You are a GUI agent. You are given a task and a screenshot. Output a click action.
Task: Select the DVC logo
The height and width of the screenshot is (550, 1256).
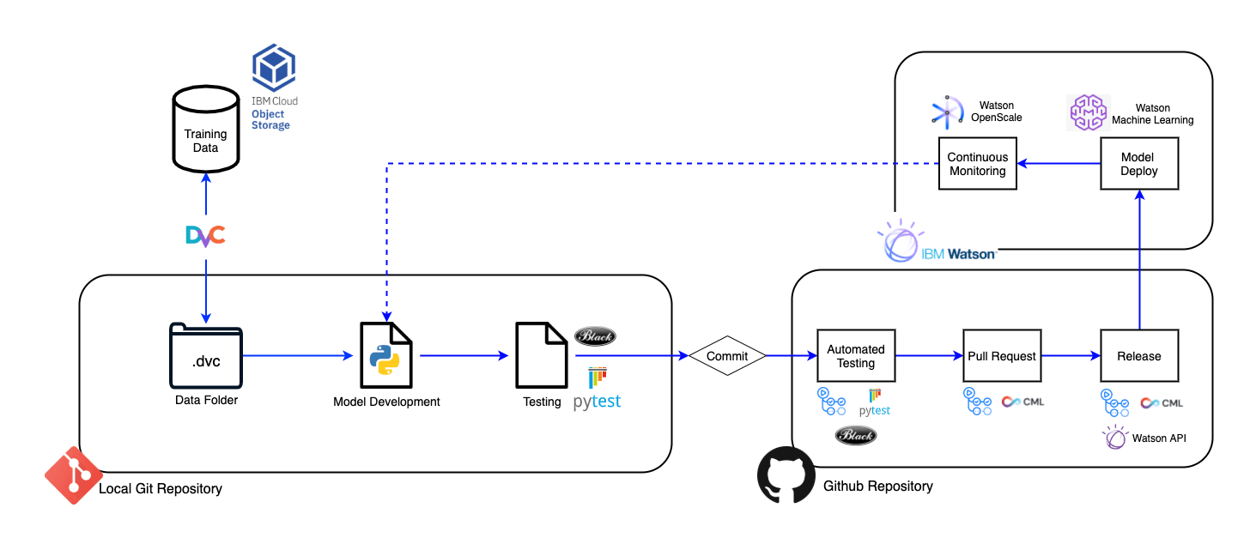[206, 234]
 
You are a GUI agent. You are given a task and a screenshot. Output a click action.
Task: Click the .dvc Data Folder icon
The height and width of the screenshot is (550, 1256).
[206, 355]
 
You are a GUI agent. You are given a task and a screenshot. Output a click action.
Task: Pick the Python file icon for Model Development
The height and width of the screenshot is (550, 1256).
[385, 355]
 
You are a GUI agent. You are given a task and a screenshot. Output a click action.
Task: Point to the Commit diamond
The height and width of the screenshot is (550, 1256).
[727, 355]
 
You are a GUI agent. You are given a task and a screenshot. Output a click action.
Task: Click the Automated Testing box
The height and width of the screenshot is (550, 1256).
[855, 355]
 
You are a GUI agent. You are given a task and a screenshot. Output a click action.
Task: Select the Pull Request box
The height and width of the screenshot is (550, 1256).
[1002, 355]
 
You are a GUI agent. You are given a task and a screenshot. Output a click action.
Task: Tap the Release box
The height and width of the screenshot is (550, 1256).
[1139, 355]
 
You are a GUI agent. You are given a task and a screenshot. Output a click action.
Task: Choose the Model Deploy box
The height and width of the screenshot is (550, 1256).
[1139, 164]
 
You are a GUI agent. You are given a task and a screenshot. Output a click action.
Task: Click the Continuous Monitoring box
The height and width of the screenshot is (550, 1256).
[977, 164]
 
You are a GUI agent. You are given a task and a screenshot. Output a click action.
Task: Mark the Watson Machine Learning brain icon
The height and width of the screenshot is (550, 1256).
[1089, 112]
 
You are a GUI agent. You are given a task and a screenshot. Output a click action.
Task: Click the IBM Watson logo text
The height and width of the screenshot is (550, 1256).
[958, 254]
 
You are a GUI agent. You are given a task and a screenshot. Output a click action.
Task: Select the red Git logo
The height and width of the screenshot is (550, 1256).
[73, 474]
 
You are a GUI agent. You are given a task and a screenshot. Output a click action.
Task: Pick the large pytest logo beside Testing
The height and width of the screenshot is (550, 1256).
[598, 390]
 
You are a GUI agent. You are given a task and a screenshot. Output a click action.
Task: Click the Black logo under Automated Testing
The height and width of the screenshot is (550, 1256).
[856, 436]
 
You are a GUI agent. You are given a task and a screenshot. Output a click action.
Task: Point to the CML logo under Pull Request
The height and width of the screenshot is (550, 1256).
[1023, 402]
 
